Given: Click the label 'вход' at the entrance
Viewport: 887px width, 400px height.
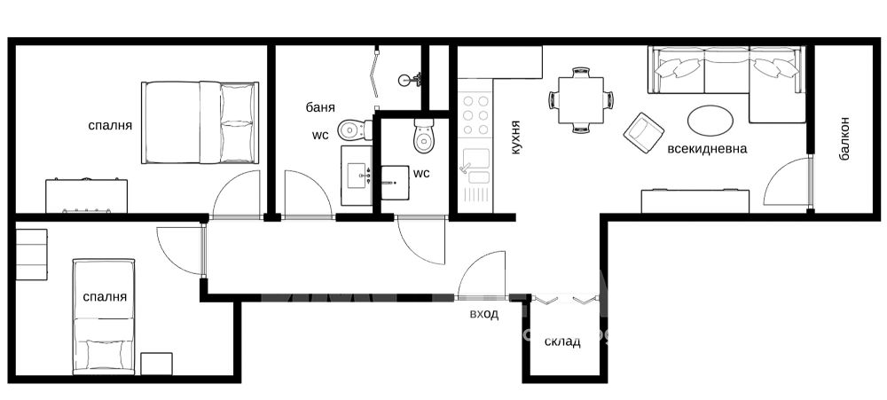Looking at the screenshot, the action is pos(484,315).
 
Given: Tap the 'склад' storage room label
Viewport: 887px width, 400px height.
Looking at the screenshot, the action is pos(562,342).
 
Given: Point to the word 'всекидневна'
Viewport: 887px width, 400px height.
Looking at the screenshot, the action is pos(707,149).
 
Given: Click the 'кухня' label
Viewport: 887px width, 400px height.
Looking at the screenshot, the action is pos(514,137).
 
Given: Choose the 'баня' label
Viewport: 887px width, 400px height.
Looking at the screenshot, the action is pos(321,107).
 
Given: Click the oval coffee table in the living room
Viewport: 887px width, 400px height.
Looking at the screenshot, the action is pos(710,121).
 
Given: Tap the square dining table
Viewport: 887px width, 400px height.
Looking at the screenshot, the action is pos(581,99).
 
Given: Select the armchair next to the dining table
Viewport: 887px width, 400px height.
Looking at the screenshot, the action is pos(644,132).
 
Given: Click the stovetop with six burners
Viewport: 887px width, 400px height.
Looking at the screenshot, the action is pos(475,114).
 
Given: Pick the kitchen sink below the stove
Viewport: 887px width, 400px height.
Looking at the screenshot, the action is pos(475,167).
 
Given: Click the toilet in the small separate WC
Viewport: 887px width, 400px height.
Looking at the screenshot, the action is pos(424,135).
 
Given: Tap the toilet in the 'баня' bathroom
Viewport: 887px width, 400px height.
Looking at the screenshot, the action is pos(356,130).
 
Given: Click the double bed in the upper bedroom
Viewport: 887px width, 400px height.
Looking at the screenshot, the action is pos(200,122).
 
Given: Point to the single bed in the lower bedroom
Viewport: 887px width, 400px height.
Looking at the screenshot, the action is pos(104,317).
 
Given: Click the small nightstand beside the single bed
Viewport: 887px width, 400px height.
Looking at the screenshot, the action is pos(157,364).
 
